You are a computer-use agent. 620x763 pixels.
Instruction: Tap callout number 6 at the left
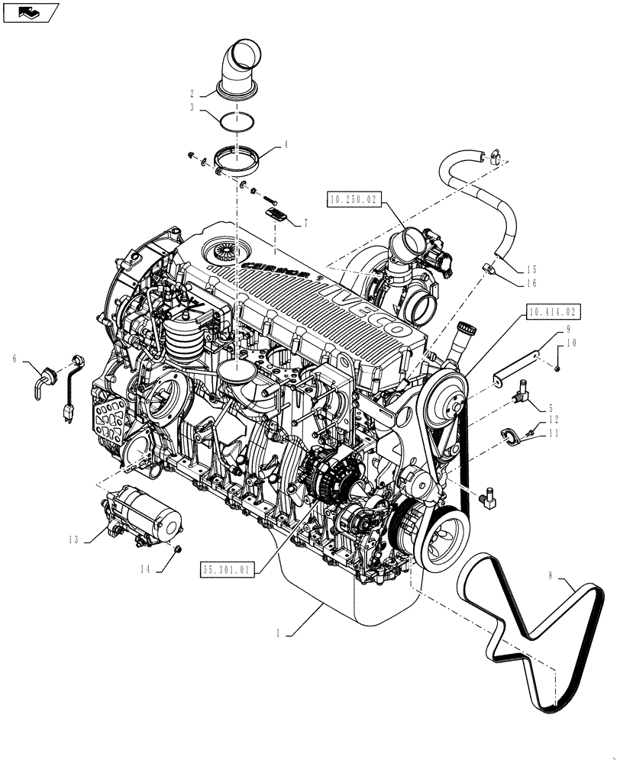click(15, 357)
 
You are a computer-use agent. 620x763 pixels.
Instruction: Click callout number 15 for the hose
click(531, 269)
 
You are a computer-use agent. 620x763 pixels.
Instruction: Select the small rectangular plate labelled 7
click(276, 214)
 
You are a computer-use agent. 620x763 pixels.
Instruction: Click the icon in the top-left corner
click(30, 11)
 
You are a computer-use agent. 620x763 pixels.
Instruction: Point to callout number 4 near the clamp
click(286, 143)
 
